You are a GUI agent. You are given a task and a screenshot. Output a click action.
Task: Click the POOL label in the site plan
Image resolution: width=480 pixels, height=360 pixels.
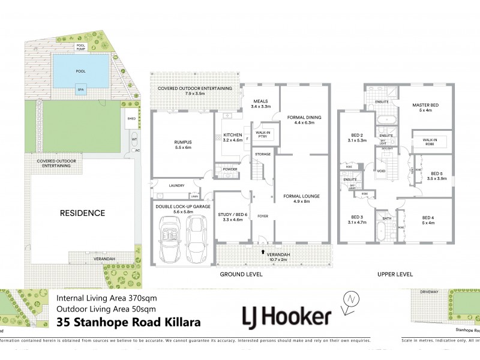(81, 70)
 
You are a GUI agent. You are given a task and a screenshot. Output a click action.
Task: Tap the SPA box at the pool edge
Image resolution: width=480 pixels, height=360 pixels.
(81, 90)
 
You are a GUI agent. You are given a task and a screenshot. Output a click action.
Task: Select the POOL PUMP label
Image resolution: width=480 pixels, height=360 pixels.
(81, 47)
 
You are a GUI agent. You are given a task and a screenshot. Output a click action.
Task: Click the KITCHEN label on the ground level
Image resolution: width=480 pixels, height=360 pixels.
(232, 135)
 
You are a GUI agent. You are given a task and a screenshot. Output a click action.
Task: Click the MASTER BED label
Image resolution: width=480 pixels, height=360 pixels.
(425, 106)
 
